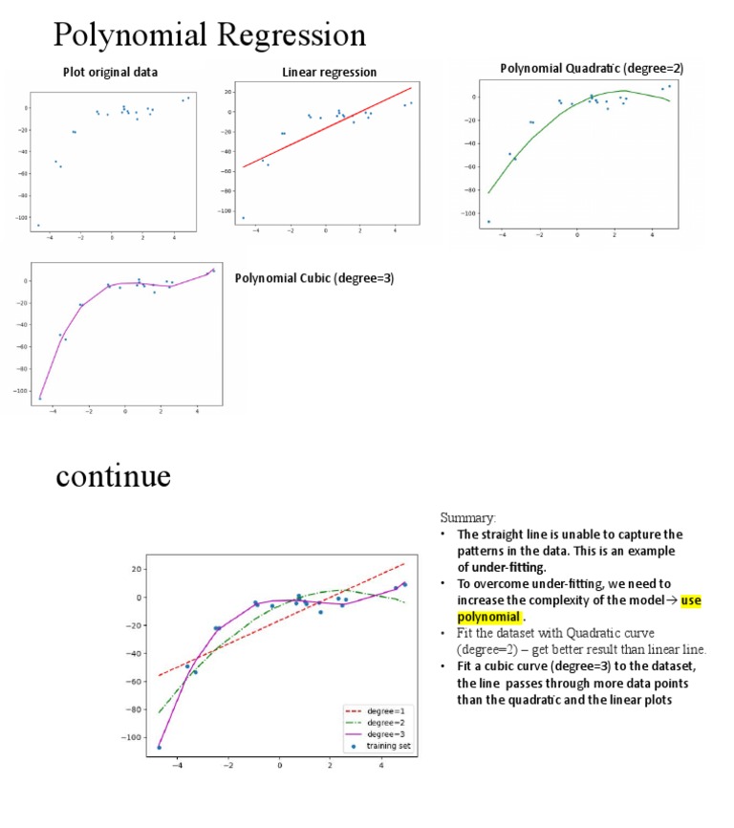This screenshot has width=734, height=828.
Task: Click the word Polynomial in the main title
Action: pyautogui.click(x=130, y=35)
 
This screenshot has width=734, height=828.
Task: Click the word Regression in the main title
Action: pyautogui.click(x=291, y=35)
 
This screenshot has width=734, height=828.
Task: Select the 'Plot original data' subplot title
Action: pyautogui.click(x=111, y=72)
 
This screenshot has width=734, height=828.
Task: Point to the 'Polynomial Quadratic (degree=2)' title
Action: pyautogui.click(x=592, y=69)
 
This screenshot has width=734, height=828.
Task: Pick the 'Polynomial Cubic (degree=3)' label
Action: pyautogui.click(x=314, y=278)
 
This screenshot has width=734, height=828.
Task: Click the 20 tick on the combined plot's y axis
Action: pyautogui.click(x=138, y=569)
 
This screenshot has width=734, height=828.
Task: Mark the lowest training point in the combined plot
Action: pyautogui.click(x=159, y=747)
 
